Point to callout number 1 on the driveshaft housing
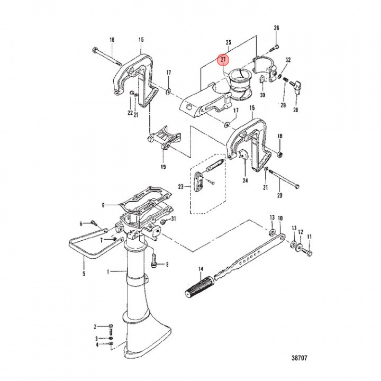coord(109,272)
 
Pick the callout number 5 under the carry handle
coord(83,274)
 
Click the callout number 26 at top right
coord(276,28)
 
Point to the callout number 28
coord(295,110)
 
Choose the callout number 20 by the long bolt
coord(280,196)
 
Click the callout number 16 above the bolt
coord(112,40)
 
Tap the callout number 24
coord(245,180)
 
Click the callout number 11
coord(310,237)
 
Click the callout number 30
coord(262,95)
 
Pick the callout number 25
coord(229,41)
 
